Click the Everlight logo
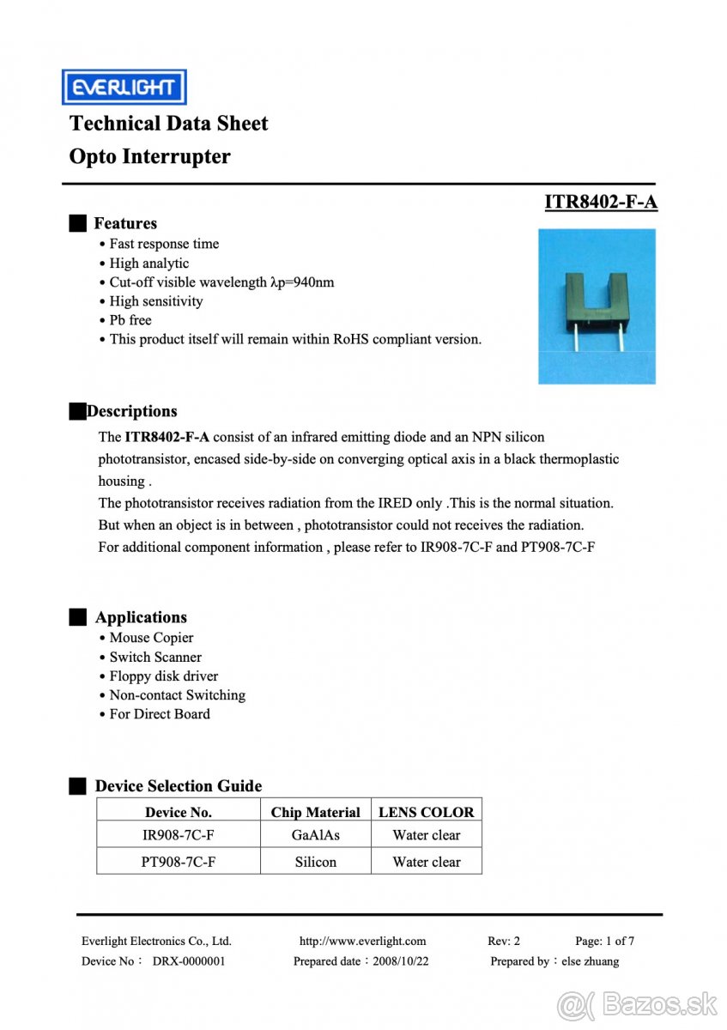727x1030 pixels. (x=124, y=87)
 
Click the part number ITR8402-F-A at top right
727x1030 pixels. (x=600, y=202)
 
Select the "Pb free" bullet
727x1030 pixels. (x=130, y=320)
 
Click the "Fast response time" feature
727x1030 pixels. (x=163, y=244)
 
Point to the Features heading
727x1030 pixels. (x=124, y=223)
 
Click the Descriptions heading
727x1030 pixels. (x=131, y=411)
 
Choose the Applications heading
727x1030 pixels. (x=140, y=617)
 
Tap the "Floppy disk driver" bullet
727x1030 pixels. (x=163, y=676)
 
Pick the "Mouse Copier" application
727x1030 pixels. (x=151, y=638)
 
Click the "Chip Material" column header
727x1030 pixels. (x=315, y=812)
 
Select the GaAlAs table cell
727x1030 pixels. (x=315, y=835)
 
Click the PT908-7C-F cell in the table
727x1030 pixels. (x=178, y=862)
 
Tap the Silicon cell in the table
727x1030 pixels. (x=315, y=862)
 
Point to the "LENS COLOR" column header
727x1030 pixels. (x=426, y=812)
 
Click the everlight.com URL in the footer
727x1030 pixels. (x=362, y=941)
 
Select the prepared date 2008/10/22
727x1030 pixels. (x=398, y=961)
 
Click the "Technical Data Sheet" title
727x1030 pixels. (x=168, y=124)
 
